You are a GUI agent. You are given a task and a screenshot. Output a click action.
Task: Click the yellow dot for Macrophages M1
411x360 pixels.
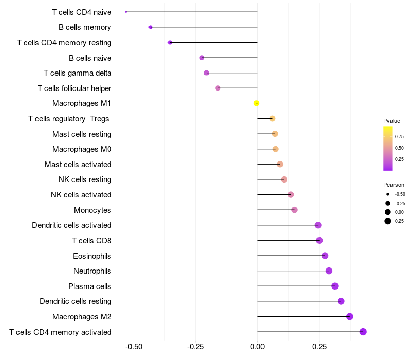(x=257, y=103)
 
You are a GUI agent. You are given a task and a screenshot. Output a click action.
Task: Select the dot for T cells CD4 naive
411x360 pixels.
(x=126, y=12)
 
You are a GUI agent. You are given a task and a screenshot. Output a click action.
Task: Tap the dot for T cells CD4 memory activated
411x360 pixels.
(x=363, y=332)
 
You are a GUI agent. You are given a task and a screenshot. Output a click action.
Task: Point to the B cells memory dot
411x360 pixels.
(x=151, y=27)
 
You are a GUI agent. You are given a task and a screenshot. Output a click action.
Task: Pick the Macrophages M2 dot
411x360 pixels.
(x=350, y=316)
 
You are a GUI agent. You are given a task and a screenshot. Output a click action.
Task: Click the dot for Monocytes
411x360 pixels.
(x=294, y=210)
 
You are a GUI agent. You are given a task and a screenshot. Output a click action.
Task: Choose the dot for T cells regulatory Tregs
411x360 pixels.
(x=272, y=119)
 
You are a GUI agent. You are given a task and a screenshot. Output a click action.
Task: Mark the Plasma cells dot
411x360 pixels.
(x=335, y=286)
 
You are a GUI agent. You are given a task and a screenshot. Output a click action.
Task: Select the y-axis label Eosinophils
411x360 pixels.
(x=92, y=256)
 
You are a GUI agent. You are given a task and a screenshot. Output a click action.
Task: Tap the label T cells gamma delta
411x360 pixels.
(x=78, y=73)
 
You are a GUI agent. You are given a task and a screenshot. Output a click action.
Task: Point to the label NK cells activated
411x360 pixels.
(x=81, y=195)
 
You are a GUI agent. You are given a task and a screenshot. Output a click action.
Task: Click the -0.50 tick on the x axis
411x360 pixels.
(x=134, y=347)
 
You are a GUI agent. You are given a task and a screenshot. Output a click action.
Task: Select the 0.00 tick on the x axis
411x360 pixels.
(x=257, y=347)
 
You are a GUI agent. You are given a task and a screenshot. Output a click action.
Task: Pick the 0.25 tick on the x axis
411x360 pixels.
(x=319, y=347)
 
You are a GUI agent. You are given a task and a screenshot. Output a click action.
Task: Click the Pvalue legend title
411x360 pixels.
(x=391, y=121)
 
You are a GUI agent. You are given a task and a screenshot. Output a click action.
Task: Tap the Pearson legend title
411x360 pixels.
(x=394, y=185)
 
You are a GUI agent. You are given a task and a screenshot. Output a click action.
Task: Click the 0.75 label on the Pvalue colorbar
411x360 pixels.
(x=399, y=136)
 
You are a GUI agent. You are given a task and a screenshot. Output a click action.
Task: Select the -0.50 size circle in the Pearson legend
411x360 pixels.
(x=388, y=194)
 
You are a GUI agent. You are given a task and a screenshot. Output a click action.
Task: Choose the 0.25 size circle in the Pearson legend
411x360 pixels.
(x=388, y=221)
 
